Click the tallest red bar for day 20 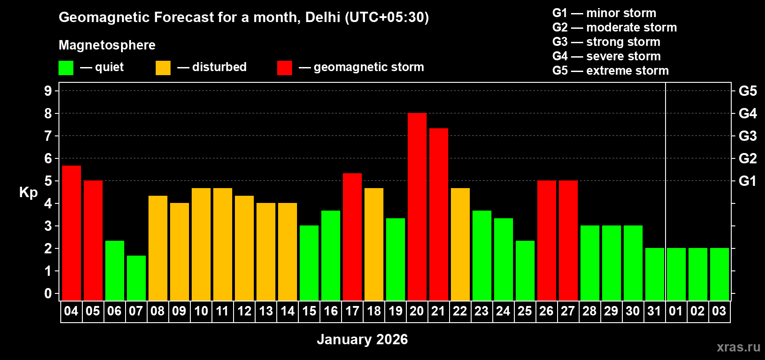pyautogui.click(x=417, y=207)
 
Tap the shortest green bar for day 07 pyautogui.click(x=136, y=278)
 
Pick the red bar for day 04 pyautogui.click(x=71, y=233)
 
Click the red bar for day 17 pyautogui.click(x=352, y=237)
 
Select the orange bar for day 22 pyautogui.click(x=460, y=244)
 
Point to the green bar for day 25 pyautogui.click(x=525, y=270)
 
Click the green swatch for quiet pyautogui.click(x=66, y=68)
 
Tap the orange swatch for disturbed pyautogui.click(x=163, y=68)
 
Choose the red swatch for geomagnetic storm pyautogui.click(x=284, y=68)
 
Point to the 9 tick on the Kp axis pyautogui.click(x=48, y=91)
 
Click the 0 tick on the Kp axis pyautogui.click(x=48, y=293)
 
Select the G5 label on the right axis pyautogui.click(x=747, y=91)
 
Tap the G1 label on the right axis pyautogui.click(x=747, y=181)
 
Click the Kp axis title pyautogui.click(x=28, y=193)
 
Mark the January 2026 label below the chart pyautogui.click(x=362, y=339)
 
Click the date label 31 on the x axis pyautogui.click(x=654, y=311)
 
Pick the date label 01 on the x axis pyautogui.click(x=675, y=311)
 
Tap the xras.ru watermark pyautogui.click(x=738, y=346)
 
